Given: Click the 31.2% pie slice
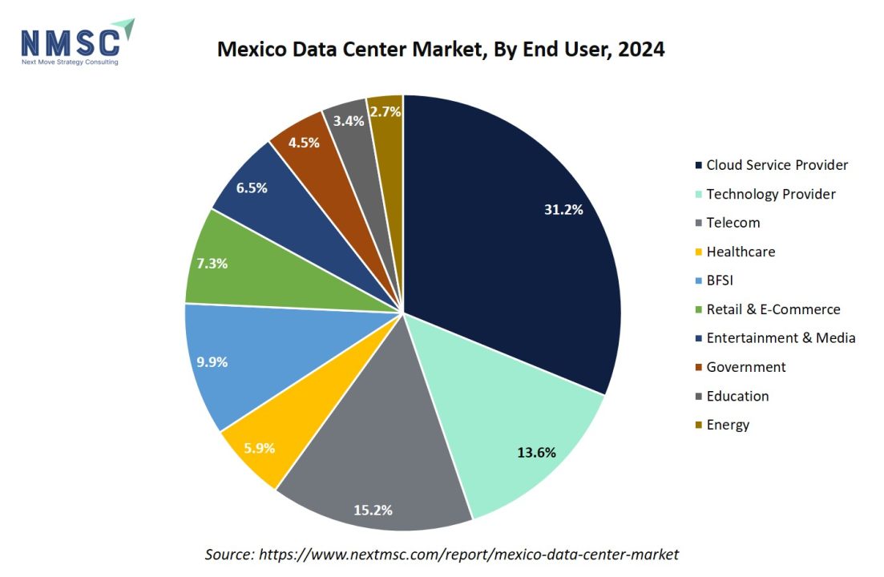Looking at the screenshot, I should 513,240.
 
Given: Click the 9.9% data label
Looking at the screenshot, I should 212,361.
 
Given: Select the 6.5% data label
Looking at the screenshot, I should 251,188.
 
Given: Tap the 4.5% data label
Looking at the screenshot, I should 304,143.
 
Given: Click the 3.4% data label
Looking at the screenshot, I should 349,120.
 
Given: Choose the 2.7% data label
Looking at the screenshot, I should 385,112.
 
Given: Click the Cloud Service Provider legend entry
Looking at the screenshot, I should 776,165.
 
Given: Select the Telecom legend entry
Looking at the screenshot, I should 733,223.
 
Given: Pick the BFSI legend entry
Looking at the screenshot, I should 720,280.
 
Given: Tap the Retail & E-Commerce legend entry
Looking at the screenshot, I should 773,309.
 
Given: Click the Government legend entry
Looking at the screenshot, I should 745,367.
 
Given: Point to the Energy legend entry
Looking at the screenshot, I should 727,425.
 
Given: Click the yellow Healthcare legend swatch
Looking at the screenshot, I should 699,252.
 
